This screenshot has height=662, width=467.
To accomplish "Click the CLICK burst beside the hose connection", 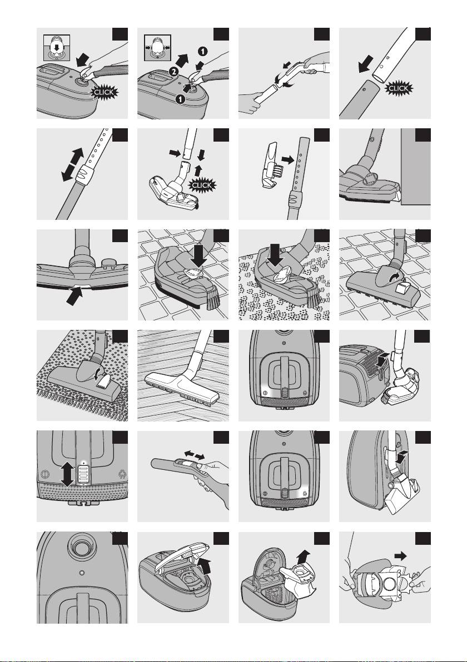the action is tap(104, 92).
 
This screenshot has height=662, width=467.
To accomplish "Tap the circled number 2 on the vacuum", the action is tap(173, 72).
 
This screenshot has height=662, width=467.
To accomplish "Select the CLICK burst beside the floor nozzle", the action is tap(202, 185).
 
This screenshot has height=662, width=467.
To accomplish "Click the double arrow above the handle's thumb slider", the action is tap(195, 455).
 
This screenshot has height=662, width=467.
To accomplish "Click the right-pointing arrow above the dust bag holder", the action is tap(400, 555).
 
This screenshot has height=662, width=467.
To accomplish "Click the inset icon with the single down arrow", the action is tap(57, 48).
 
